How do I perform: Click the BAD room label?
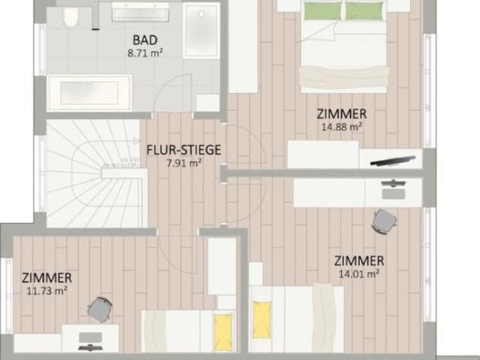point(145,40)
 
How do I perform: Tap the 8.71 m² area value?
point(145,53)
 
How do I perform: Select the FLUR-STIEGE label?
point(184,150)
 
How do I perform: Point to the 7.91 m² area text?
point(184,163)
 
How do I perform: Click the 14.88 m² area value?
point(342,127)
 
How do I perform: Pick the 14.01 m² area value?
point(358,274)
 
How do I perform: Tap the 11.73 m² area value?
point(46,290)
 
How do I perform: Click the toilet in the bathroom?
point(70,17)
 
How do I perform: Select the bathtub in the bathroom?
point(89,93)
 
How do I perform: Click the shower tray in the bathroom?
point(201,31)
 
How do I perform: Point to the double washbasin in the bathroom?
point(140,12)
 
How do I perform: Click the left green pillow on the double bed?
point(323,10)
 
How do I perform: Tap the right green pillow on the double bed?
point(364,10)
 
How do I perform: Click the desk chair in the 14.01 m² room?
point(384,222)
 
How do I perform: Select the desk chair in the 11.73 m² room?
point(100,310)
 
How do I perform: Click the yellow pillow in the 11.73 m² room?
point(223,331)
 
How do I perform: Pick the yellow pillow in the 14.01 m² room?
point(262,320)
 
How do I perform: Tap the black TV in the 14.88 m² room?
point(393,160)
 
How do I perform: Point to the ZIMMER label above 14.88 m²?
point(342,114)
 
